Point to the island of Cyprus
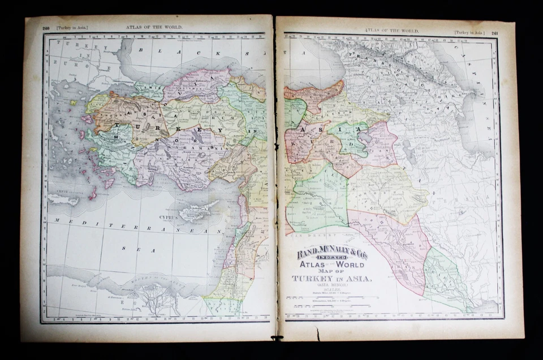tap(195, 212)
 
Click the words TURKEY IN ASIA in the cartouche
tap(332, 279)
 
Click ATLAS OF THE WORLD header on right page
tap(391, 31)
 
